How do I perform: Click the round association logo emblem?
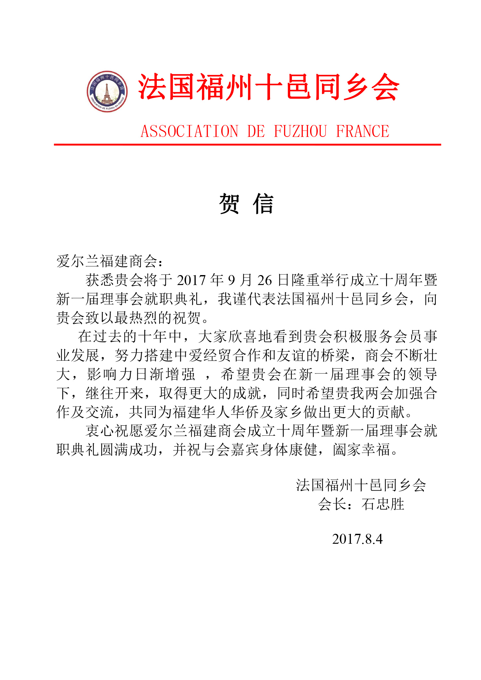pyautogui.click(x=107, y=92)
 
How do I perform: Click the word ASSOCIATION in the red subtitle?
pyautogui.click(x=190, y=131)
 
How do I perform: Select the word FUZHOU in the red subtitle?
pyautogui.click(x=300, y=131)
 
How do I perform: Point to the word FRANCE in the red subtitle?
pyautogui.click(x=362, y=131)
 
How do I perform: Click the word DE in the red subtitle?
pyautogui.click(x=256, y=131)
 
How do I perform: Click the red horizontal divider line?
pyautogui.click(x=247, y=145)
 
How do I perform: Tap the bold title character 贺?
pyautogui.click(x=229, y=204)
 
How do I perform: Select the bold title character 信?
pyautogui.click(x=263, y=204)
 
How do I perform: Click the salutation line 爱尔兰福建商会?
pyautogui.click(x=109, y=261)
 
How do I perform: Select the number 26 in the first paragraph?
pyautogui.click(x=265, y=281)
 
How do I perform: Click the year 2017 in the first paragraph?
pyautogui.click(x=191, y=281)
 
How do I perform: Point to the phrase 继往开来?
pyautogui.click(x=114, y=393)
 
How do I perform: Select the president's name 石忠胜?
pyautogui.click(x=383, y=504)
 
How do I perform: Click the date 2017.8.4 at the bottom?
pyautogui.click(x=357, y=539)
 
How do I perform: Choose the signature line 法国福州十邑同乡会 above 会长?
pyautogui.click(x=361, y=485)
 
